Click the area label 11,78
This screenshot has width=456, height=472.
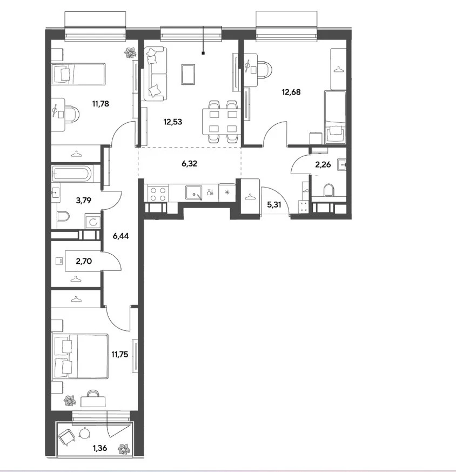point(100,104)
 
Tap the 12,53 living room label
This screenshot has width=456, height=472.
point(173,122)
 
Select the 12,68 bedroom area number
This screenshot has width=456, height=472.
point(291,92)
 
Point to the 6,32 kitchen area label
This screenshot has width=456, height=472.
point(189,164)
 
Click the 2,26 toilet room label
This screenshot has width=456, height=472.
point(323,165)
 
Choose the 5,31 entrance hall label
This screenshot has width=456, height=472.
point(274,205)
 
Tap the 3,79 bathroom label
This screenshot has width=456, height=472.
point(84,201)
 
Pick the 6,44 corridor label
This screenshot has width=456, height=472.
point(120,236)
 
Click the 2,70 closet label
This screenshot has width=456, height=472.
point(84,261)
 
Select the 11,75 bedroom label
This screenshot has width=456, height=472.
point(120,355)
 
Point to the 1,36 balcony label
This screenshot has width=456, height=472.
point(100,448)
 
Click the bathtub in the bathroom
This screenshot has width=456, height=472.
point(72,174)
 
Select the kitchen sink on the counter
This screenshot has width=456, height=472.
point(194,192)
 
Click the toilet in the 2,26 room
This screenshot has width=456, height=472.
point(329,190)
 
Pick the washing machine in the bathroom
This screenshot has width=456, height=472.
point(92,222)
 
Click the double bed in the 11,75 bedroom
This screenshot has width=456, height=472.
point(80,356)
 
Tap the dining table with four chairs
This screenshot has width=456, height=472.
point(221,122)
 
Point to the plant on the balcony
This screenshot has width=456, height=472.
point(124,449)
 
